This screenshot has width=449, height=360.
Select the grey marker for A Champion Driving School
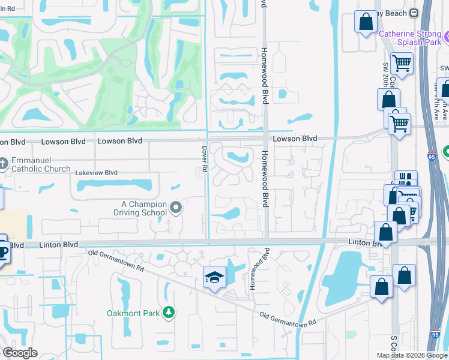coord(176,208)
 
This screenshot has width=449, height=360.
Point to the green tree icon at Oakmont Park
coord(170,313)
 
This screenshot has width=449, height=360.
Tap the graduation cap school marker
coord(214,277)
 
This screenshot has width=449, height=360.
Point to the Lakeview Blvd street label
coord(97,173)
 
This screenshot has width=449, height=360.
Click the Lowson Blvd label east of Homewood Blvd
coord(295,139)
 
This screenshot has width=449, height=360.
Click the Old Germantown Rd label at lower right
coord(288,319)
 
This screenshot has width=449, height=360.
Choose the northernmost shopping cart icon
coord(401,62)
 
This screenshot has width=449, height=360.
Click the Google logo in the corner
coord(20,353)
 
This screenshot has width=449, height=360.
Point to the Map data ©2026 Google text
coord(412,355)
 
